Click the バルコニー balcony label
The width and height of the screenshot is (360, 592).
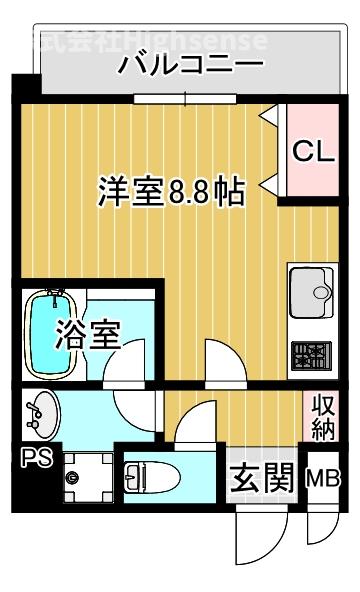190,66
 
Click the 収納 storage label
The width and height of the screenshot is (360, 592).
320,417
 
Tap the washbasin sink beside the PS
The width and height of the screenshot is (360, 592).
42,416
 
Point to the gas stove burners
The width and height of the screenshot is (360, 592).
311,353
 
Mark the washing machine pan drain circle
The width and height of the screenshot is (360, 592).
71,477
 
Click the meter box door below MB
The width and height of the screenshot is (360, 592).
321,528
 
